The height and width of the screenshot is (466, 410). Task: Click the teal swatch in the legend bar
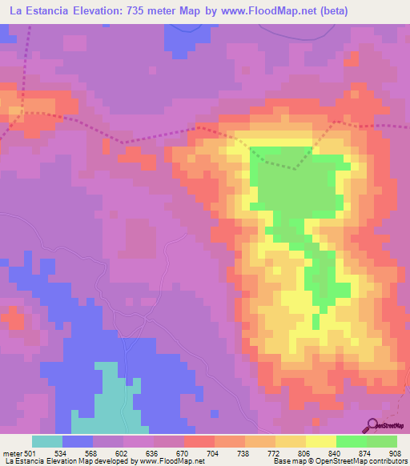tap(46, 441)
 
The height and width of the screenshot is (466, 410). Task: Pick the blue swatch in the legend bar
tap(77, 441)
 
